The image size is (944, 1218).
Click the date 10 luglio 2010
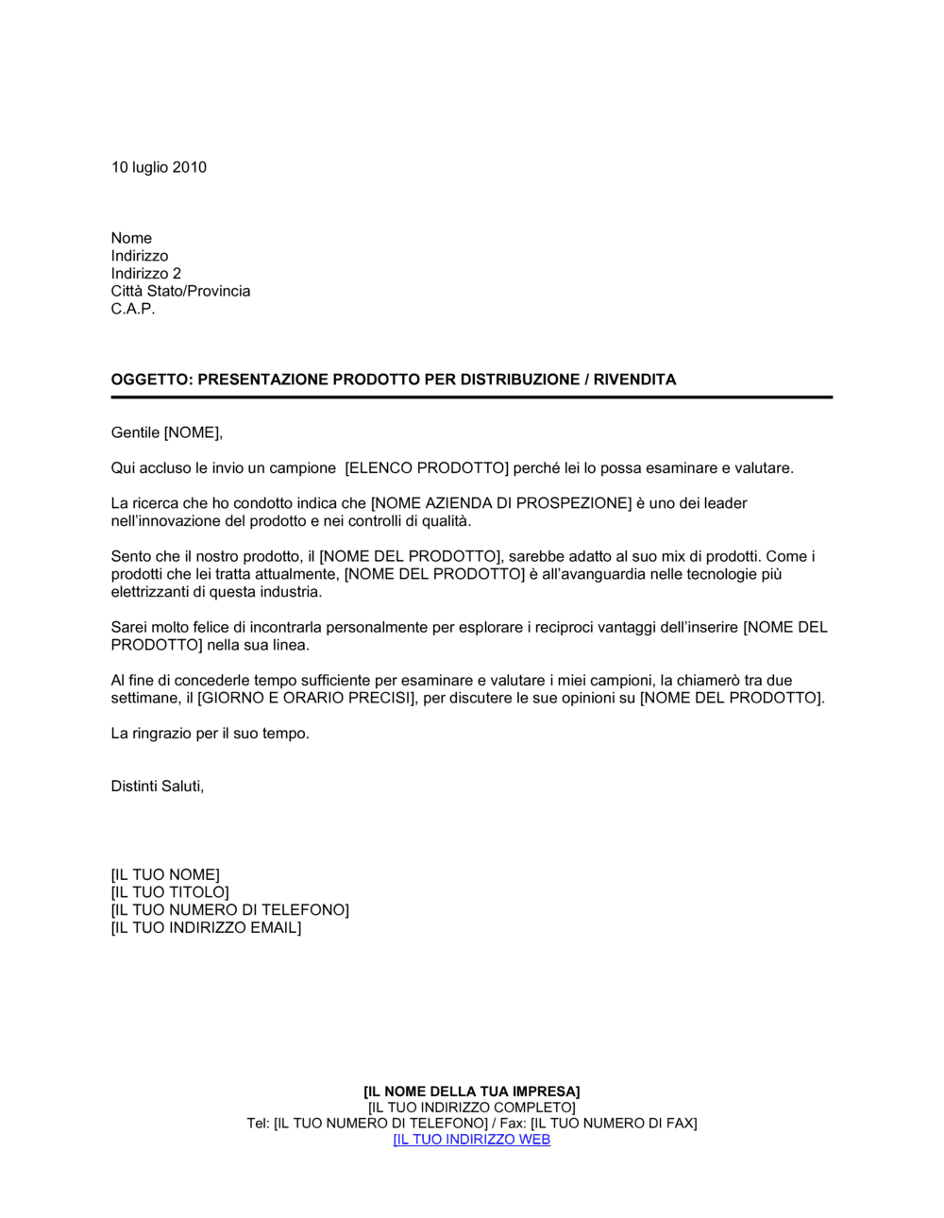point(159,167)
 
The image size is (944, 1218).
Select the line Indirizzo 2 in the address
point(146,274)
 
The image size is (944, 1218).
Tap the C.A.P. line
point(133,309)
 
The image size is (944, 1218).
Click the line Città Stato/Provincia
point(180,291)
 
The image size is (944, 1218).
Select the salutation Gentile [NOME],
point(166,432)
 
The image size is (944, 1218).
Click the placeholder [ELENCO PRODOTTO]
point(427,468)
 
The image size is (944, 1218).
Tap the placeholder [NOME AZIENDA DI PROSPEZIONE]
point(500,503)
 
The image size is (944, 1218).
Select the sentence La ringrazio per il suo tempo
point(210,734)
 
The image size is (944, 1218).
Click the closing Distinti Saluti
point(157,787)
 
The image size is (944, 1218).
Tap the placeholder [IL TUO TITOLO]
point(170,892)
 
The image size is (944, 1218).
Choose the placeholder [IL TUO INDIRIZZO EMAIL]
point(206,928)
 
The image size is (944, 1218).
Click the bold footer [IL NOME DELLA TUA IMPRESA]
point(471,1091)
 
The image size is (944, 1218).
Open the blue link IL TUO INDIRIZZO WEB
point(471,1140)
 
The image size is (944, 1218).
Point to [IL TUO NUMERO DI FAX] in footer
point(614,1124)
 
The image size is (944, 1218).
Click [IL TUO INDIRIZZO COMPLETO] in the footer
point(471,1108)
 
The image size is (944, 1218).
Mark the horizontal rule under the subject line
point(471,398)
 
